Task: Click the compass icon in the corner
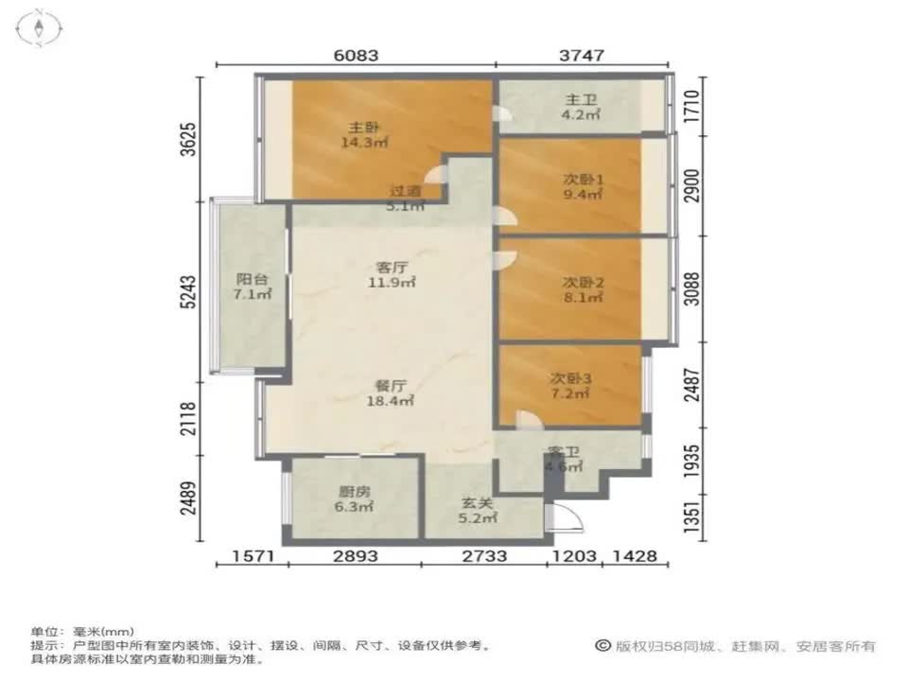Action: (41, 28)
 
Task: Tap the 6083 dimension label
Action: (357, 56)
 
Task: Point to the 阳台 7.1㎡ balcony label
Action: (253, 287)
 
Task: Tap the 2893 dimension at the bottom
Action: (354, 556)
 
